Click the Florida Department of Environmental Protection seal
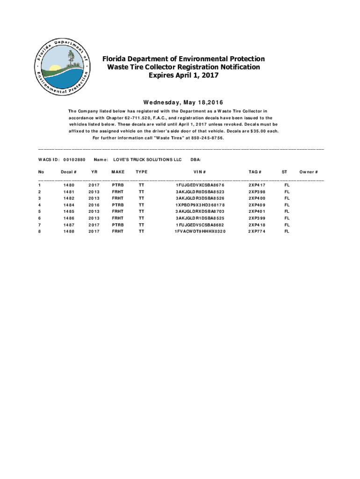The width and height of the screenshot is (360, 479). (60, 67)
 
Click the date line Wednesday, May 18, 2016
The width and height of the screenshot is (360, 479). (180, 102)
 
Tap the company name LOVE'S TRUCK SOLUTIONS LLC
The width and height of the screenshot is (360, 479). (147, 160)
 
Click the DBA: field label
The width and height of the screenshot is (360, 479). (196, 160)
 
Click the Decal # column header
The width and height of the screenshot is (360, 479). (69, 172)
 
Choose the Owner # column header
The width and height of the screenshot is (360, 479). (309, 172)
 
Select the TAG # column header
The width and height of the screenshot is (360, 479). (255, 172)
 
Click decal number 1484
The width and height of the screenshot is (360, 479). (69, 205)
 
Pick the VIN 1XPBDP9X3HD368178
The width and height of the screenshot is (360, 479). (200, 205)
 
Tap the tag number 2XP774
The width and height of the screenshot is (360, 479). (257, 231)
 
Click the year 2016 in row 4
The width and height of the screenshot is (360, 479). (94, 205)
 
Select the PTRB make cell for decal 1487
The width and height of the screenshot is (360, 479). (118, 225)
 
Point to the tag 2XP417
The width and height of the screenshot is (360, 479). (257, 185)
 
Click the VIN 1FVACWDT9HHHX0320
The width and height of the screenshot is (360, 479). (200, 231)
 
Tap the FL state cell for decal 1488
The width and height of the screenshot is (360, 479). (287, 231)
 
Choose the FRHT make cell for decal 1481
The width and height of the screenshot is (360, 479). (118, 192)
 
